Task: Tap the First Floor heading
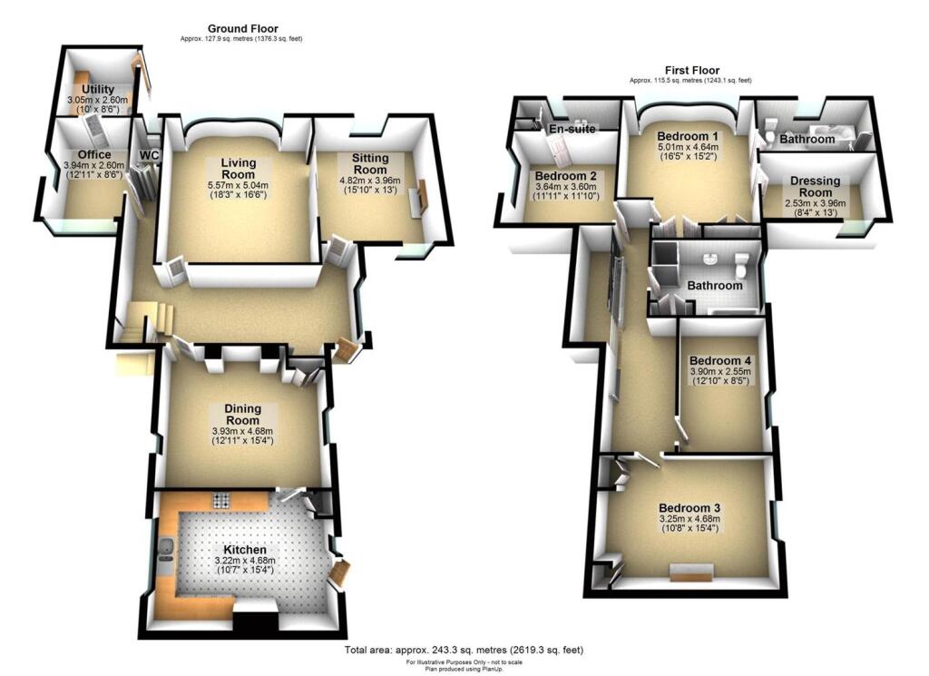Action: [691, 70]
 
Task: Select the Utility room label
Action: [96, 89]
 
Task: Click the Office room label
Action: [94, 155]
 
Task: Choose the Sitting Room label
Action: [363, 164]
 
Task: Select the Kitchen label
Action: [245, 550]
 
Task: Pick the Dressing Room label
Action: [815, 186]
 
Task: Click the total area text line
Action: [464, 651]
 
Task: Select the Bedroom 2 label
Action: [565, 175]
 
